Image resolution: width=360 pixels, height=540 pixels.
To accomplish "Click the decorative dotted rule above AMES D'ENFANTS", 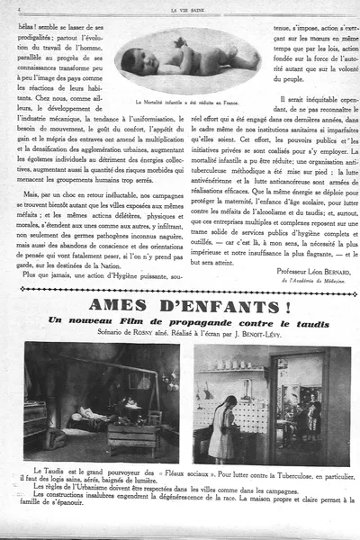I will [x=180, y=291].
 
